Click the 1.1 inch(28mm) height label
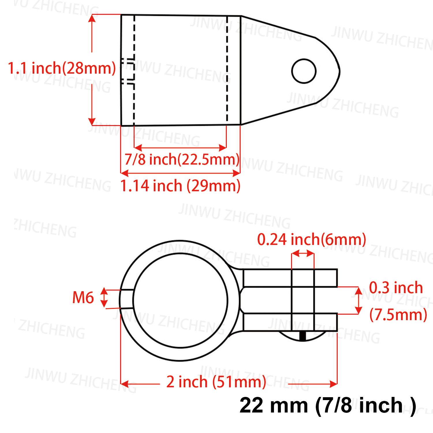[62, 68]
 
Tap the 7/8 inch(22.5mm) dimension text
[182, 159]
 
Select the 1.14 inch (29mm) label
[180, 186]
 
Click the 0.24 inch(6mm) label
[311, 240]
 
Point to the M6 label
[83, 298]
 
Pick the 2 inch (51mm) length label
[216, 382]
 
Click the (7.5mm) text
[398, 314]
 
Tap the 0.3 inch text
[396, 288]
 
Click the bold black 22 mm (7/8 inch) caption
[328, 406]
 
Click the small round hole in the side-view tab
[304, 71]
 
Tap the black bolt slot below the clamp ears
[303, 336]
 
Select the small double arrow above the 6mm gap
[303, 254]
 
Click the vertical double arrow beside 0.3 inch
[358, 300]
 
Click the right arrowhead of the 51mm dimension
[333, 384]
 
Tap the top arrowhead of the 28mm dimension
[92, 18]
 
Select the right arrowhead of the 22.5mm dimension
[223, 148]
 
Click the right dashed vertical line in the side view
[227, 69]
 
